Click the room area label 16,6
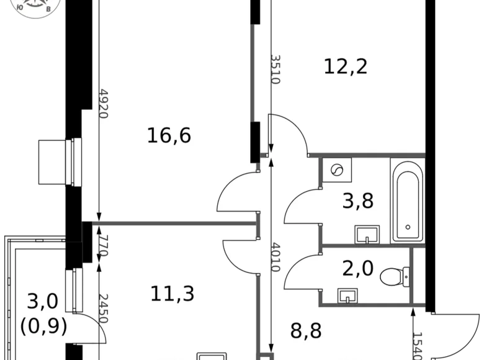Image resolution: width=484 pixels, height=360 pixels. click(169, 135)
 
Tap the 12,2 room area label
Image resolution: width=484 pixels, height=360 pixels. click(346, 65)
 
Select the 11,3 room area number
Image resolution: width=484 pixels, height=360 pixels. click(173, 293)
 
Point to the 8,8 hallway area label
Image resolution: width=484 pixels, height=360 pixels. click(307, 330)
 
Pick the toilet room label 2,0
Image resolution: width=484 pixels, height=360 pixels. click(358, 269)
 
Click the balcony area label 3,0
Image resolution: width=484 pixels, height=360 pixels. click(43, 302)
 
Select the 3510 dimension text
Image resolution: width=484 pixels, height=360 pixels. click(274, 70)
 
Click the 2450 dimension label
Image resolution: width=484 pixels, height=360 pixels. click(104, 308)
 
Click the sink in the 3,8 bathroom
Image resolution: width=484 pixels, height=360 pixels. click(367, 235)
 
